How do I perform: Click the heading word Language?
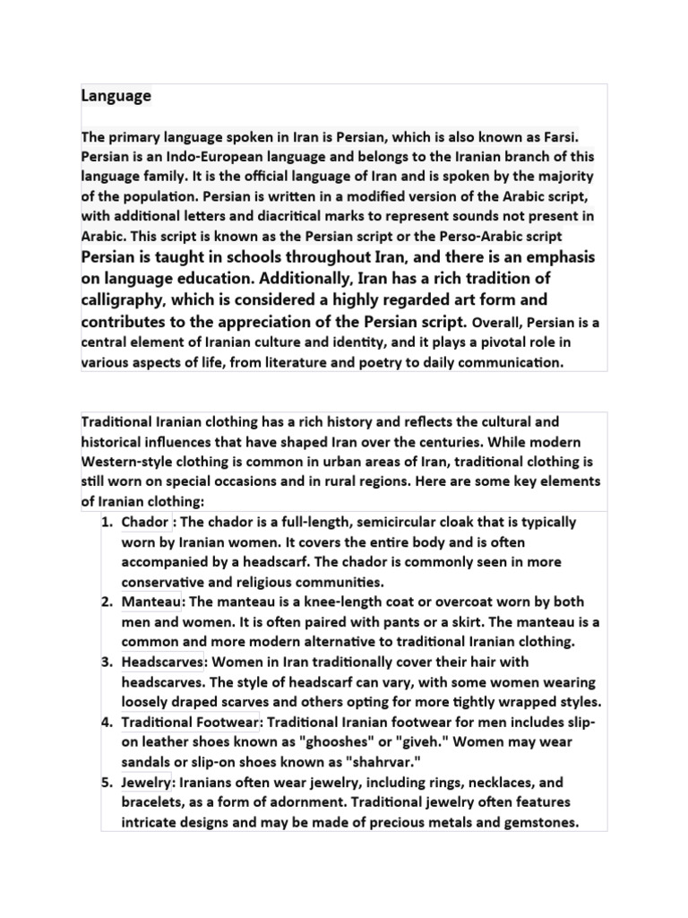[x=116, y=95]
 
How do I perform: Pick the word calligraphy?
[x=121, y=299]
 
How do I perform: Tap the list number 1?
[x=107, y=522]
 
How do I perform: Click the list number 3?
[x=107, y=662]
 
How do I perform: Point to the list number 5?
[x=107, y=782]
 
